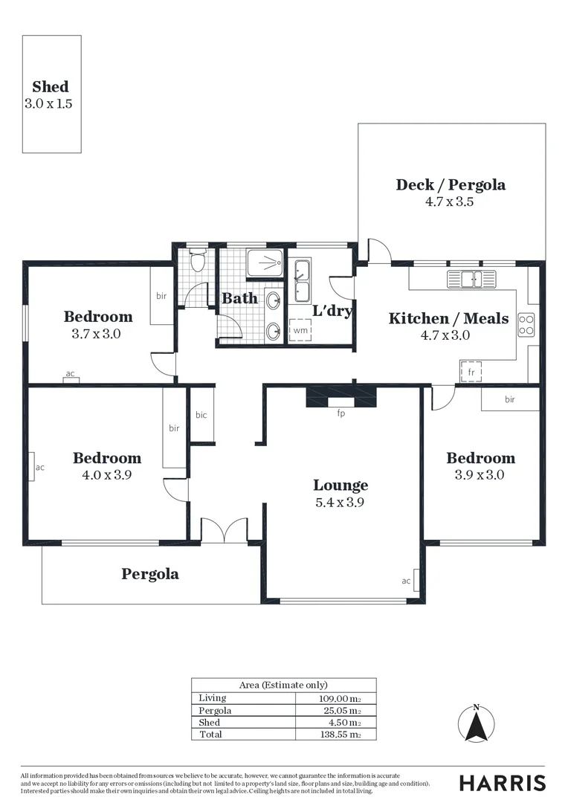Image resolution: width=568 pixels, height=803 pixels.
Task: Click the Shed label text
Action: point(51,87)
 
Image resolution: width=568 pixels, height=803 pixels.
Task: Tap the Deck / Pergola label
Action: point(451,184)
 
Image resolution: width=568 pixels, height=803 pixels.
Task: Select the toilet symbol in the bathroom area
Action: point(198,262)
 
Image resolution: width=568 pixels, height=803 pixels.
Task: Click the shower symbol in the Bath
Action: point(264,263)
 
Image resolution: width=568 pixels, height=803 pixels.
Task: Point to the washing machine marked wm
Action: point(300,330)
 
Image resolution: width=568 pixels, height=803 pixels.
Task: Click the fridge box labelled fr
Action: point(471,371)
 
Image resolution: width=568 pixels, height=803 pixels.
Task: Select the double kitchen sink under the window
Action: point(471,280)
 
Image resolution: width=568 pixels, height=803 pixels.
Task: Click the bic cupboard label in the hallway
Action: point(201,415)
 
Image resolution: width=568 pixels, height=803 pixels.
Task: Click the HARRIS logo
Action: point(502,782)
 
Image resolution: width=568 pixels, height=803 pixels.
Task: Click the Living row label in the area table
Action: point(213,698)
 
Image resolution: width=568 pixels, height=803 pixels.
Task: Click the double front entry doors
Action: point(224,529)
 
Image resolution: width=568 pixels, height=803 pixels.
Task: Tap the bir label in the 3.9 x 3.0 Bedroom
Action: point(510,400)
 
